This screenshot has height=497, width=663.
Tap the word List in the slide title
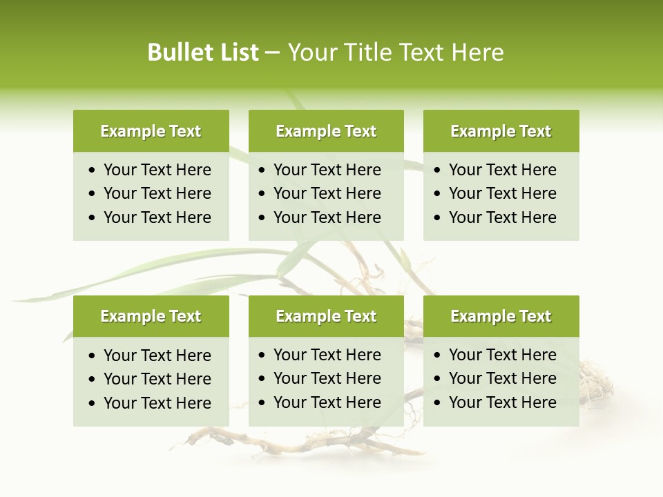click(239, 52)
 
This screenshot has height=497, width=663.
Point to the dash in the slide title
click(273, 53)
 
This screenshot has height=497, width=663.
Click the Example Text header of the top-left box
click(151, 131)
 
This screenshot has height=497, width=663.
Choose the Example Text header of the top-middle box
click(326, 131)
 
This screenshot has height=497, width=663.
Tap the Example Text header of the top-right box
click(501, 131)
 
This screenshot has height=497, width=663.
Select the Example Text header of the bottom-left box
click(151, 316)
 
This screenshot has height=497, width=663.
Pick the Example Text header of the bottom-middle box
click(326, 316)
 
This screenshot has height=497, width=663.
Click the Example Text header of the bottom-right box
click(501, 316)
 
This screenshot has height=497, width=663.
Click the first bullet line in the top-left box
click(157, 170)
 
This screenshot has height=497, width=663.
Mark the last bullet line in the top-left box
click(157, 217)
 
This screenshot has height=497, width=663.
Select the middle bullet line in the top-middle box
click(327, 193)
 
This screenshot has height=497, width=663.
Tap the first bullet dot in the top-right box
click(438, 170)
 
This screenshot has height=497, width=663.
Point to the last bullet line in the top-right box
click(502, 217)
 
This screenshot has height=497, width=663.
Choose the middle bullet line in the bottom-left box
click(157, 379)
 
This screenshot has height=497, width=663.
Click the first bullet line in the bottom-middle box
click(327, 355)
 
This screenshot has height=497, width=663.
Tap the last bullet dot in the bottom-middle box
click(262, 403)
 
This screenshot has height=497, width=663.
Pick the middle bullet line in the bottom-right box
click(502, 378)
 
